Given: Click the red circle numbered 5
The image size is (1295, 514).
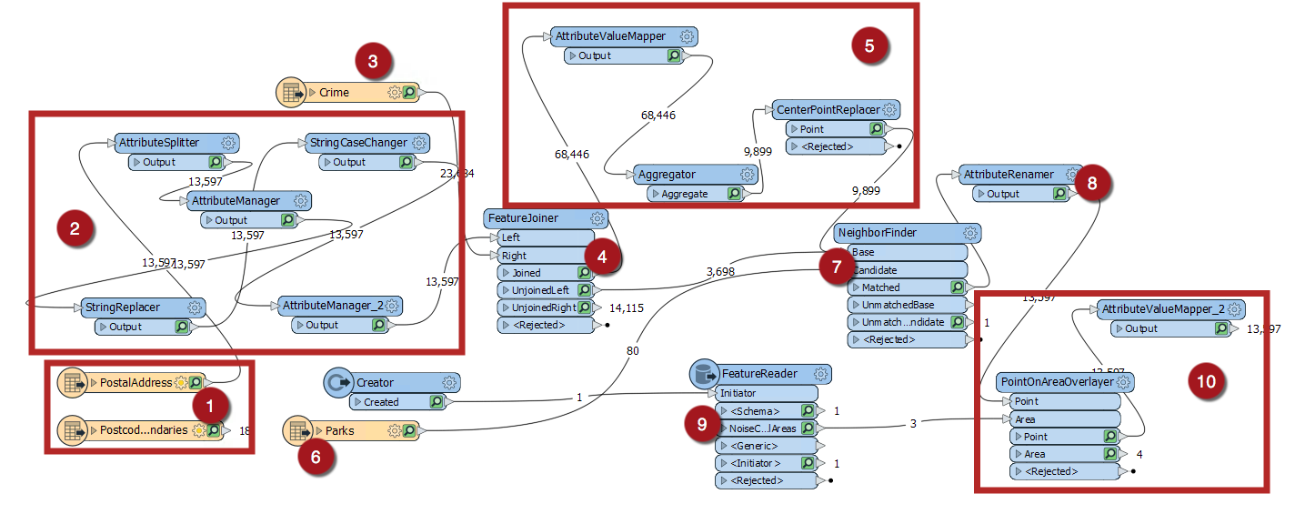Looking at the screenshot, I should point(869,45).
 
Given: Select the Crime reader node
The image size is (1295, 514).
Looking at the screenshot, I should point(335,92).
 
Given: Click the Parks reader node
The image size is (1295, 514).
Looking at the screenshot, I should point(339,429).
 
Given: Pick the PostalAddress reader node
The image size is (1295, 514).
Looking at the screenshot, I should point(136,382).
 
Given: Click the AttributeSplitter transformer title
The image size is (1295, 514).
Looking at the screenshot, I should point(158,143).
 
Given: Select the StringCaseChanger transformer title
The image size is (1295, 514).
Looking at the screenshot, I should point(358,143).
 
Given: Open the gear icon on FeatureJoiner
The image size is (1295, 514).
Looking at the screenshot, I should point(597,218).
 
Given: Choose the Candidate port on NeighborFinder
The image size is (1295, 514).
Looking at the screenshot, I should point(873,270).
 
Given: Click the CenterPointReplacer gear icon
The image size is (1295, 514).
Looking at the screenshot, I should point(889,110).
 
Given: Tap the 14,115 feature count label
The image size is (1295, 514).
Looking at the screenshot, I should point(627,308).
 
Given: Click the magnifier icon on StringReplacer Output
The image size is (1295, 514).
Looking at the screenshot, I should point(182,326).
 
